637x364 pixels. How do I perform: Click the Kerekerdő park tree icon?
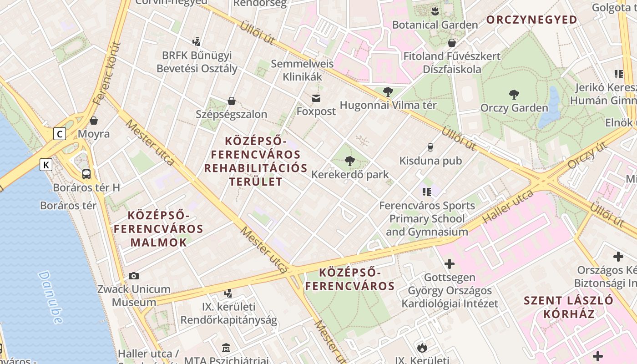click(x=349, y=161)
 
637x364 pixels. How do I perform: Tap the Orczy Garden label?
click(x=514, y=108)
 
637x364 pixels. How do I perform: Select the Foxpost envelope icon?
click(x=316, y=98)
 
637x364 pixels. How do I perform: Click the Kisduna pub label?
click(x=430, y=161)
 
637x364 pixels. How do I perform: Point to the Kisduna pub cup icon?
click(x=430, y=147)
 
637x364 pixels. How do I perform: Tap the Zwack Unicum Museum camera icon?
click(x=133, y=276)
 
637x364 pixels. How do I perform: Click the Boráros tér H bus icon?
click(x=86, y=174)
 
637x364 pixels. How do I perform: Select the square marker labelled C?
click(x=59, y=134)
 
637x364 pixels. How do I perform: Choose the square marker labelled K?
click(x=46, y=164)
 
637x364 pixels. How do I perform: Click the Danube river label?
click(x=50, y=298)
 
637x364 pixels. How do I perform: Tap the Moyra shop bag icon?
click(x=94, y=121)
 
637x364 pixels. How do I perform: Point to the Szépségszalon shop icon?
click(x=232, y=101)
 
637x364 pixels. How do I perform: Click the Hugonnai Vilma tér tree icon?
click(x=388, y=92)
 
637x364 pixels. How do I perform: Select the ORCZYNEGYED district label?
click(x=531, y=20)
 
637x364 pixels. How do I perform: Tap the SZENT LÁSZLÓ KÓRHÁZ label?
click(x=568, y=307)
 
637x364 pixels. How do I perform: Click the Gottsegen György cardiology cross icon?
click(x=449, y=264)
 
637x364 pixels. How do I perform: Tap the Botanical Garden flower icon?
click(x=435, y=10)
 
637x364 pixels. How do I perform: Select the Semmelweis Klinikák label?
click(x=302, y=70)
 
